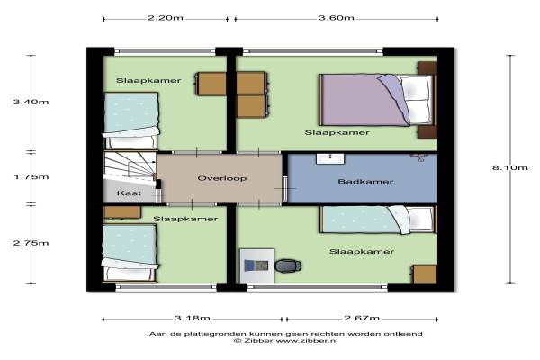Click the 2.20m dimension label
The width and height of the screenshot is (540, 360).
click(x=166, y=18)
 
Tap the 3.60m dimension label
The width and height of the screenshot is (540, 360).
click(x=336, y=18)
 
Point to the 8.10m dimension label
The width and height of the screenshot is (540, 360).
click(x=509, y=167)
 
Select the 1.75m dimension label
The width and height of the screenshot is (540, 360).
click(x=31, y=176)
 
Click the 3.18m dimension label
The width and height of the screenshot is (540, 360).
click(x=193, y=318)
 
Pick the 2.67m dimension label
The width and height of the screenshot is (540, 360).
click(x=362, y=318)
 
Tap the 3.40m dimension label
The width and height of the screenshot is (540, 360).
click(x=31, y=102)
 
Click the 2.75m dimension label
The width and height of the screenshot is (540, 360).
click(x=31, y=243)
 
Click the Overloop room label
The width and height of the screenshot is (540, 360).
click(x=222, y=178)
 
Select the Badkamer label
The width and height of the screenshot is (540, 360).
click(x=365, y=182)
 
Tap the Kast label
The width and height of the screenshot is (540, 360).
click(x=129, y=193)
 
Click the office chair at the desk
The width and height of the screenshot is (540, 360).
click(x=288, y=265)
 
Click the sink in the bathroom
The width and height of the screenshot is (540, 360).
click(x=330, y=158)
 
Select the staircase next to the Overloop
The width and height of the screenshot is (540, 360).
click(x=130, y=166)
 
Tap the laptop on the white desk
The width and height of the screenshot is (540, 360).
click(x=256, y=265)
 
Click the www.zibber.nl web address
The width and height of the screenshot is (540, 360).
click(x=307, y=341)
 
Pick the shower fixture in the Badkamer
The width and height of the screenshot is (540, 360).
click(x=419, y=157)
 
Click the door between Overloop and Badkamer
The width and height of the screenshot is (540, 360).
click(x=284, y=188)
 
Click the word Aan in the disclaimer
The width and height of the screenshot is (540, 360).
click(x=156, y=334)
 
